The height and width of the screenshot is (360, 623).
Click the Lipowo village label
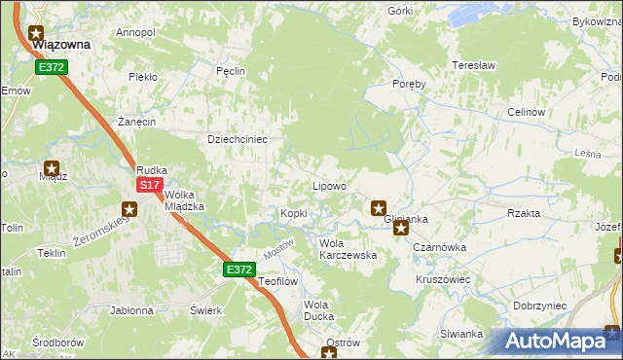pos(329,186)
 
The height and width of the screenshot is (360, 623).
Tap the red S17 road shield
pos(148,185)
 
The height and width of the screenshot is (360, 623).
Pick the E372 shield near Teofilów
pos(239,270)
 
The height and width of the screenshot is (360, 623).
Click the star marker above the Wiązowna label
pos(38,31)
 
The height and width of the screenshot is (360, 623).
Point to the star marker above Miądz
pos(52,167)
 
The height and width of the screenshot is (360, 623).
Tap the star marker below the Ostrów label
pos(330,354)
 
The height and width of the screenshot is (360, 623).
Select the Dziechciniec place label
pos(238,139)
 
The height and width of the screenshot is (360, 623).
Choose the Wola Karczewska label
pos(348,249)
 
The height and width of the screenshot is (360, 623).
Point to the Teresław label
pos(474,65)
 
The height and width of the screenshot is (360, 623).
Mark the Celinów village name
pos(525,112)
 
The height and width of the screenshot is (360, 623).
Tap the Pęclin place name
pos(230,71)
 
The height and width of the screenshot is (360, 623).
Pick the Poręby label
pos(409,84)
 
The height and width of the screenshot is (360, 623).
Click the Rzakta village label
pos(524,213)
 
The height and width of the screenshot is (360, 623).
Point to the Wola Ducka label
pos(318,310)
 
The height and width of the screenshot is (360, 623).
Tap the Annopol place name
pos(135,32)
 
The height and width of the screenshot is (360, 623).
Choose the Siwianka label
pos(461,334)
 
